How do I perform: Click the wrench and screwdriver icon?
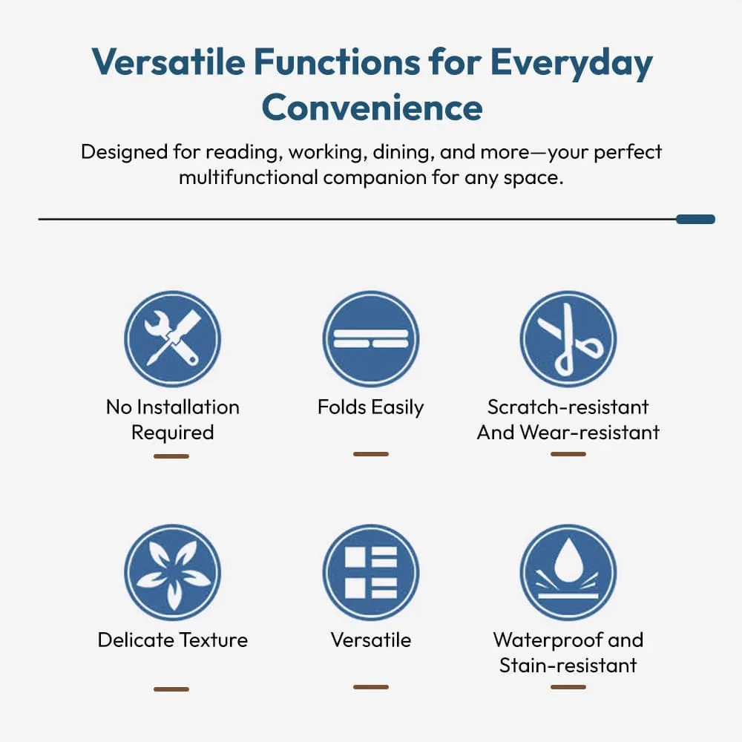pos(172,339)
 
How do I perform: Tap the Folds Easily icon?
pos(370,339)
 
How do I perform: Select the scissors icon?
pos(568,339)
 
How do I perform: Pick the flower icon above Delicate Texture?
pos(172,572)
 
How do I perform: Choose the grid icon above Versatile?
pos(370,572)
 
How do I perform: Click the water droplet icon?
pos(568,572)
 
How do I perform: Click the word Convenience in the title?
pos(372,108)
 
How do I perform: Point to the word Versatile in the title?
pos(168,62)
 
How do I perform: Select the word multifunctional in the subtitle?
pos(249,177)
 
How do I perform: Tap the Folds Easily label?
pos(370,407)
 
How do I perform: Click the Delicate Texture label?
pos(173,640)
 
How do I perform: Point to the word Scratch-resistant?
pos(568,407)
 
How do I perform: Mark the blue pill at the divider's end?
pos(695,219)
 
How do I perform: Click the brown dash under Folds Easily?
pos(371,454)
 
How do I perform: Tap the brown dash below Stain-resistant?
pos(568,686)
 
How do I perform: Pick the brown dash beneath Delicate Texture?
pos(171,689)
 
